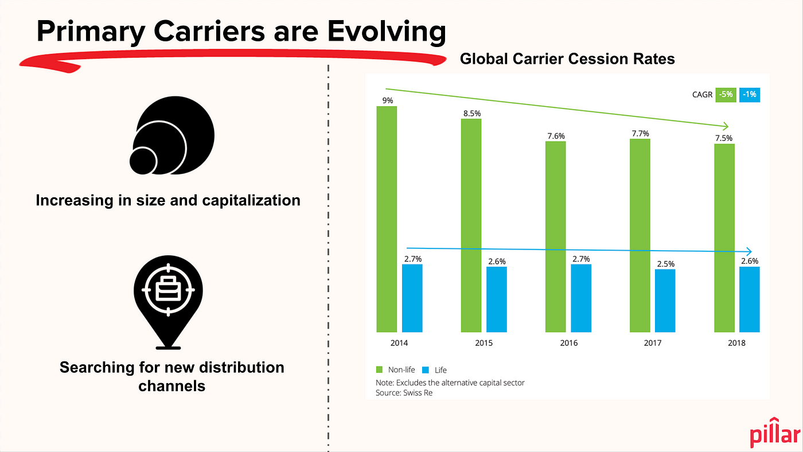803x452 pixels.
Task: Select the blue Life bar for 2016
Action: [580, 298]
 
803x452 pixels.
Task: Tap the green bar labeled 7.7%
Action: [640, 235]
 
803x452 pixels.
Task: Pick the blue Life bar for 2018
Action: [749, 299]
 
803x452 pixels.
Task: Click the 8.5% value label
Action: [471, 113]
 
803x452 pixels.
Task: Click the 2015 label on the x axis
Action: [484, 343]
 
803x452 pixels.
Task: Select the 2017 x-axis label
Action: [652, 343]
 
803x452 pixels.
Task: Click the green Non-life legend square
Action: [380, 370]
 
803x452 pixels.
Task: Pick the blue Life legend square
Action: [426, 370]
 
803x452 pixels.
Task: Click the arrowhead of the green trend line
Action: [727, 126]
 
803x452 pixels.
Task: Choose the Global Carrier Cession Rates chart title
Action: [567, 59]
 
